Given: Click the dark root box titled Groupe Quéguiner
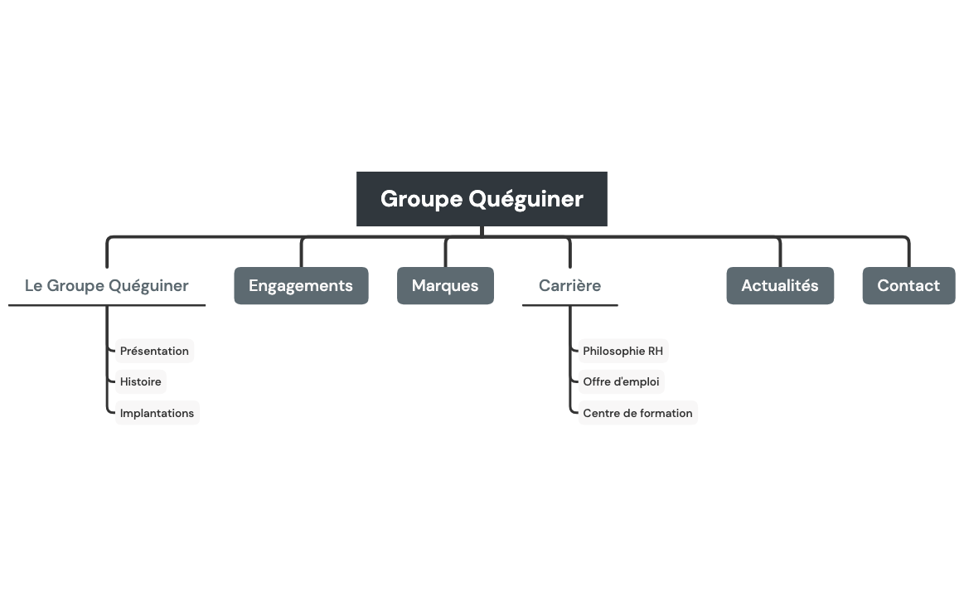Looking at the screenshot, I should tap(482, 199).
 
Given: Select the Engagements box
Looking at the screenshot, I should tap(301, 285).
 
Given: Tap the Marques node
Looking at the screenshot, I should tap(445, 285).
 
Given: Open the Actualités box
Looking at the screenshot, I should tap(779, 285).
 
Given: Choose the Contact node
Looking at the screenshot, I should tap(908, 285).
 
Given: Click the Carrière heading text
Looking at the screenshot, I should tap(569, 285).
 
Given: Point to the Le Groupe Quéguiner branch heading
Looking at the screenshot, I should tap(107, 285).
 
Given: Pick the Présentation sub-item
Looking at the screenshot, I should tap(154, 351).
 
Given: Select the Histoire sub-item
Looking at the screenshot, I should tap(140, 381).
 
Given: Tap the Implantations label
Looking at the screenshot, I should tap(157, 413).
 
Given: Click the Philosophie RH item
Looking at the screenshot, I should tap(622, 351).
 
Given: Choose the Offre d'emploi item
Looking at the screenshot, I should tap(621, 381).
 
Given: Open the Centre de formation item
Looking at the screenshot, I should tap(637, 413).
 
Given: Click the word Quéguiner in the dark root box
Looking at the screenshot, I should tap(526, 199).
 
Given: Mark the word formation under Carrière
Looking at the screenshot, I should tap(666, 413).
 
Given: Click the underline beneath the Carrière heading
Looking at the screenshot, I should tap(569, 305).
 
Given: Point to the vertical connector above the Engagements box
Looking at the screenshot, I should tap(302, 253).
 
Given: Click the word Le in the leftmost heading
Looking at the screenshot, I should tap(33, 285).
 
